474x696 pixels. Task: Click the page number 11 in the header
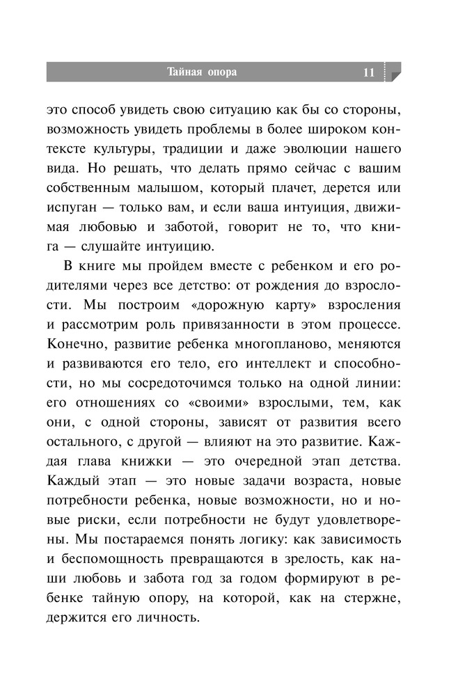(x=368, y=72)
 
